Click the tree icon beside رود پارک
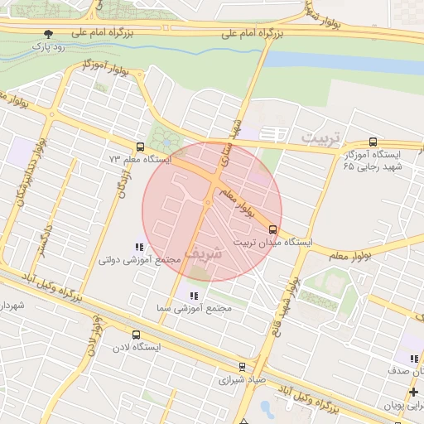point(49,34)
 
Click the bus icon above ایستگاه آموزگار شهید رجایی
point(372,142)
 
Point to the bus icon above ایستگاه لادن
point(136,335)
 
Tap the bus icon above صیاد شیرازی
point(242,367)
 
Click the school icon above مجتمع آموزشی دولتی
point(138,247)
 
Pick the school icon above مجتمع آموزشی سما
point(194,296)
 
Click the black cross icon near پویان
point(413,391)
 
